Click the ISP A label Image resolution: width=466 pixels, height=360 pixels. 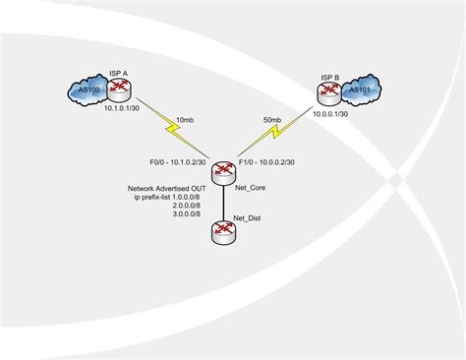tap(119, 75)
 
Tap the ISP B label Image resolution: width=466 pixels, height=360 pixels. tap(329, 76)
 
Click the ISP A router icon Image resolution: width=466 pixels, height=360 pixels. tap(119, 90)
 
